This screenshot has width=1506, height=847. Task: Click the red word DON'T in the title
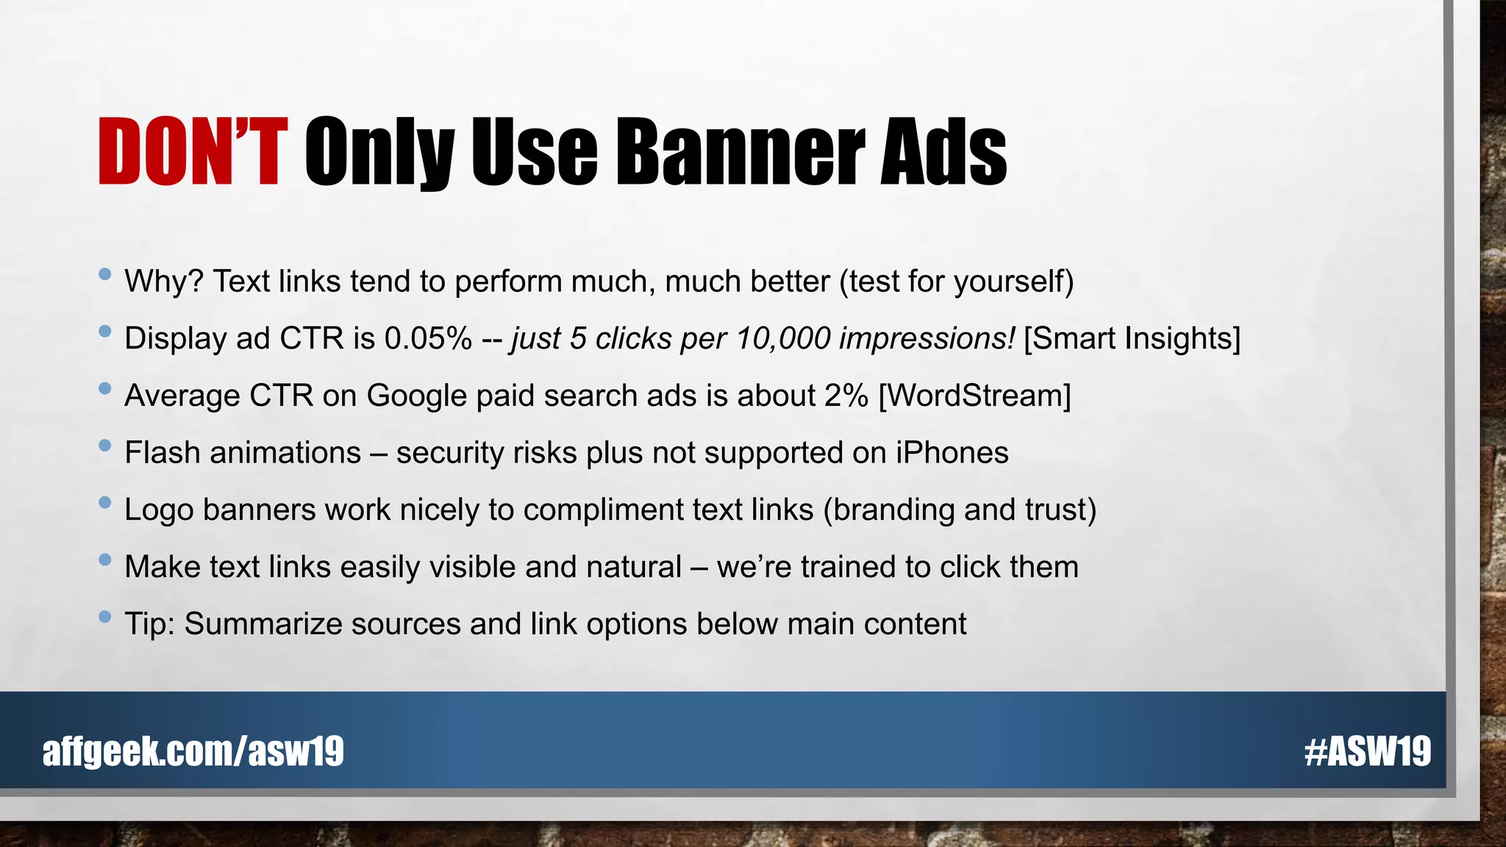pos(190,152)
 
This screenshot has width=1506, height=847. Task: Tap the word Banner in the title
pos(739,152)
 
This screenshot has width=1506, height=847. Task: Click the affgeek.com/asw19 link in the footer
pos(193,751)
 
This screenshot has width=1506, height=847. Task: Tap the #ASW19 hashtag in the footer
pos(1367,751)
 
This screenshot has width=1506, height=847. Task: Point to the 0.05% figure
pos(427,339)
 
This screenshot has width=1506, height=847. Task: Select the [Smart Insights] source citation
pos(1132,339)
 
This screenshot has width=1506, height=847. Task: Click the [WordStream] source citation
pos(974,396)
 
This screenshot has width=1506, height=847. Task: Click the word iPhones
pos(952,453)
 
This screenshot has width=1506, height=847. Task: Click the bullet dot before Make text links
pos(104,560)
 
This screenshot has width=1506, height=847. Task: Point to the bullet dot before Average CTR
pos(104,389)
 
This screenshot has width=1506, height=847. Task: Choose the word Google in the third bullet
pos(416,396)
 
